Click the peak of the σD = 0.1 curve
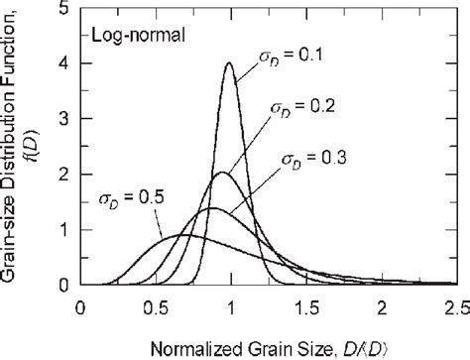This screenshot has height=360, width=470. (x=230, y=64)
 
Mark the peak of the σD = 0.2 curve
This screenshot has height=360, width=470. (x=220, y=174)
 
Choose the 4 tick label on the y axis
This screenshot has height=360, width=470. (x=63, y=64)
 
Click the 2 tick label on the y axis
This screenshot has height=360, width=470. (x=63, y=175)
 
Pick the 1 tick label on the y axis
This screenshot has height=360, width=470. (x=63, y=229)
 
